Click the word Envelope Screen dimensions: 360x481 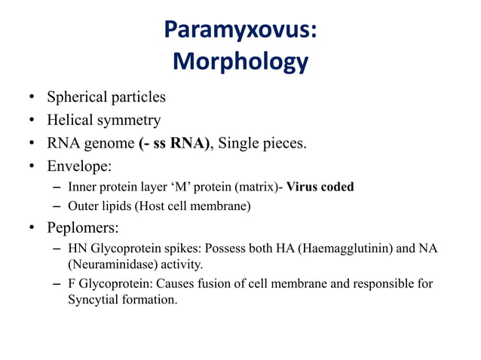coord(78,166)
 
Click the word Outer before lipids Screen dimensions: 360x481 coord(82,206)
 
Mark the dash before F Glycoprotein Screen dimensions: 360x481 coord(58,285)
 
